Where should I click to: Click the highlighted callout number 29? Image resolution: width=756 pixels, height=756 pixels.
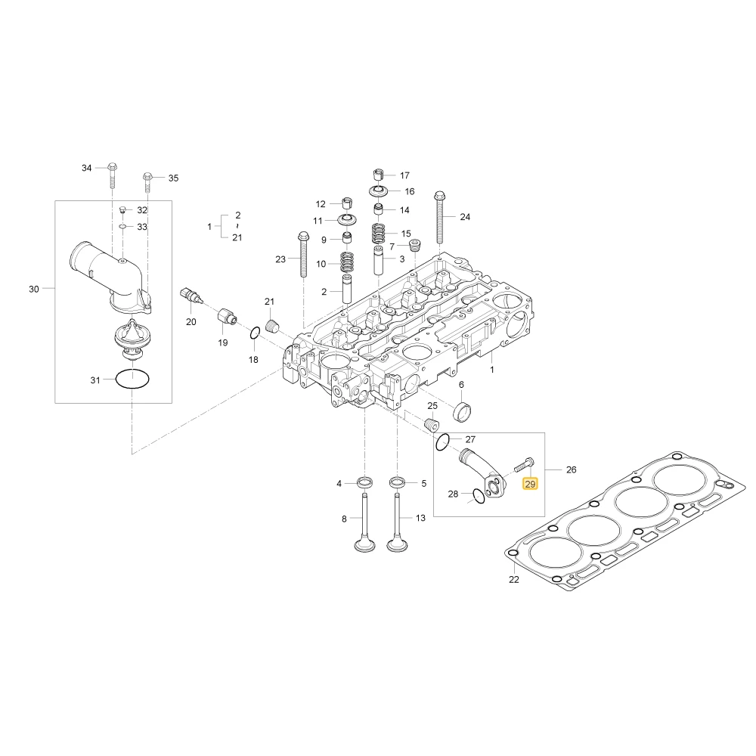[x=530, y=484]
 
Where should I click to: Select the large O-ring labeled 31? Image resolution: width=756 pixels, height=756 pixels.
[x=116, y=379]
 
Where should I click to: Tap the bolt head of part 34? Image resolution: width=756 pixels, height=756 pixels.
[x=113, y=167]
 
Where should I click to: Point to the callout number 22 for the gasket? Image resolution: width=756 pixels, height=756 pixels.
[x=514, y=579]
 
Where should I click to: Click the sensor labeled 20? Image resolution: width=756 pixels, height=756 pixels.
[x=191, y=296]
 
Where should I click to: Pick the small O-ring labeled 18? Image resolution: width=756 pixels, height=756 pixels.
[x=255, y=332]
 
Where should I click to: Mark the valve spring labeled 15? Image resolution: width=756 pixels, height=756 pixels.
[x=380, y=234]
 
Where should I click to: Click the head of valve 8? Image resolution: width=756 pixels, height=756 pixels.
[x=365, y=547]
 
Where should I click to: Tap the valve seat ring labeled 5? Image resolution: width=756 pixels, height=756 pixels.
[x=397, y=482]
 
